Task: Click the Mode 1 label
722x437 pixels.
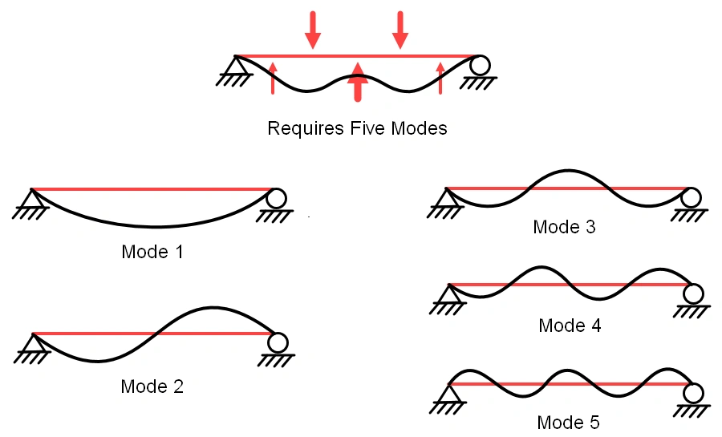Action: (152, 252)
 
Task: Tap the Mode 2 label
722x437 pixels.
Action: (152, 386)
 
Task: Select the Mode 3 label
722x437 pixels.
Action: (564, 227)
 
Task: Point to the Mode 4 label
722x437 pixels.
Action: (570, 326)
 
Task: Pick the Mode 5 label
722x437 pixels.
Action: (568, 423)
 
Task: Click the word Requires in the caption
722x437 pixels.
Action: (302, 128)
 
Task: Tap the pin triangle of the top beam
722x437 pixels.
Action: (235, 65)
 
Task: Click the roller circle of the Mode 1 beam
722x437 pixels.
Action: (277, 197)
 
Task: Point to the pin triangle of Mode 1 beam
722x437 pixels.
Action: (31, 198)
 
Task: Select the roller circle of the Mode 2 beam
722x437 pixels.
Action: (278, 342)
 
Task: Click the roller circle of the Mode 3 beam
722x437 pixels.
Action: (691, 196)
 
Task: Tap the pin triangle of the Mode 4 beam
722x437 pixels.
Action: (448, 293)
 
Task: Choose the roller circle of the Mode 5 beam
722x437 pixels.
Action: (693, 392)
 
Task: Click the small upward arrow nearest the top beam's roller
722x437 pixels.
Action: (440, 78)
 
